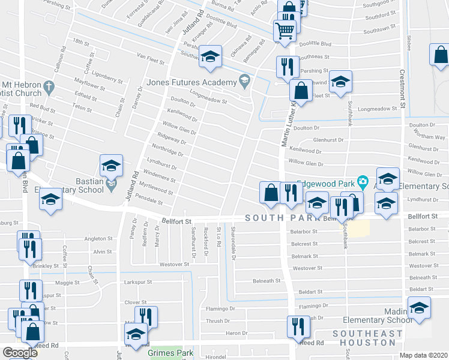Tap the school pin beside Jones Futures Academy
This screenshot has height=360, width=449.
(244, 80)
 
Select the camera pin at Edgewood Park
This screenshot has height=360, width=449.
(362, 181)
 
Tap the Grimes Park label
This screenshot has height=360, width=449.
(170, 353)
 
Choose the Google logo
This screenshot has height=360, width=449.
(20, 353)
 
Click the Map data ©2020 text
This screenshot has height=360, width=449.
(423, 355)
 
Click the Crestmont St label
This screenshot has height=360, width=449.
(403, 90)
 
